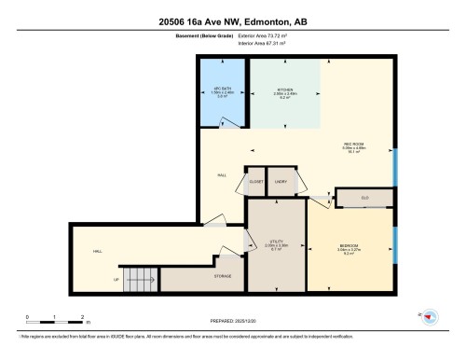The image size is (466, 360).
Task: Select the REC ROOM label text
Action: click(x=352, y=144)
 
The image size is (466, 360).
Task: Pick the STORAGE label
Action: click(x=223, y=275)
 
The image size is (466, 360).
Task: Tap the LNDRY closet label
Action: click(x=281, y=183)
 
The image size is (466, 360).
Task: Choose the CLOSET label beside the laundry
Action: click(x=254, y=183)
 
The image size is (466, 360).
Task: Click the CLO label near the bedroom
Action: click(x=364, y=197)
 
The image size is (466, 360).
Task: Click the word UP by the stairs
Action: click(x=116, y=279)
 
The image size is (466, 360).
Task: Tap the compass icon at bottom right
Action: click(x=430, y=317)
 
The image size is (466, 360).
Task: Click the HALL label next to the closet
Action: click(x=222, y=174)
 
